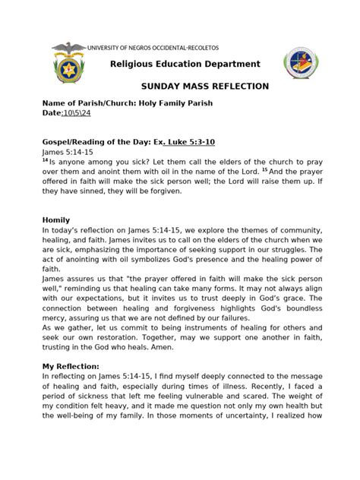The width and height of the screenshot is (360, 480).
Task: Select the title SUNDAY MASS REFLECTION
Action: pyautogui.click(x=205, y=86)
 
